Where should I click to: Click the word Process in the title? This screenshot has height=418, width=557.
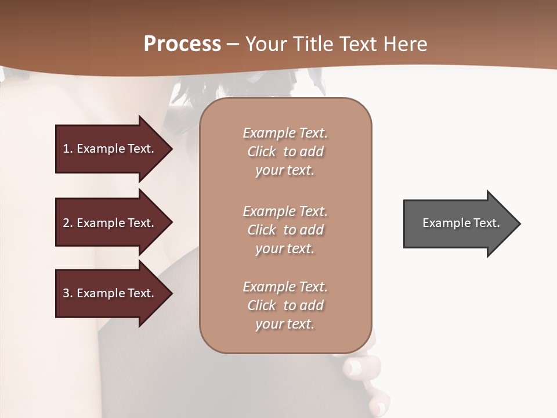182,44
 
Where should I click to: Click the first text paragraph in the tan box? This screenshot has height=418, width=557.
285,152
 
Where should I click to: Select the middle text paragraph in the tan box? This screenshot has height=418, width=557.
285,230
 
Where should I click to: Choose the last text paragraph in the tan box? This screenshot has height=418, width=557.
285,305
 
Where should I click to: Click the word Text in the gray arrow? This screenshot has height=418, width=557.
487,223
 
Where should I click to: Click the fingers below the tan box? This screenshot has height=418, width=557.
364,372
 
